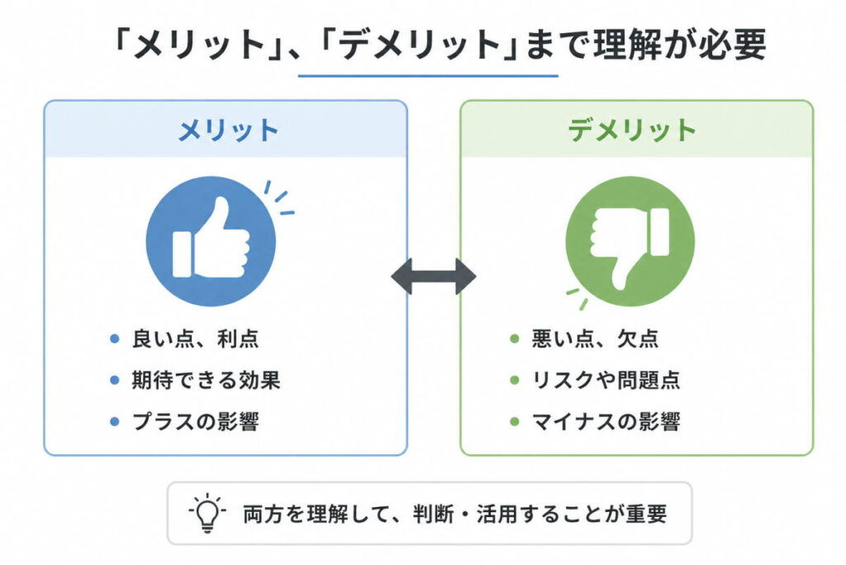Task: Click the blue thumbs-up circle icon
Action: click(211, 241)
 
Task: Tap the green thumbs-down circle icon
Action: click(630, 241)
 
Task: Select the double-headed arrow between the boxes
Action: click(433, 276)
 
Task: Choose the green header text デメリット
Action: click(633, 130)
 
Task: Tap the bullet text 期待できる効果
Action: click(206, 380)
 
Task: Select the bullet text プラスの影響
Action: click(196, 421)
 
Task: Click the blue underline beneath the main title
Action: click(428, 76)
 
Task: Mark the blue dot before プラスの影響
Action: click(115, 422)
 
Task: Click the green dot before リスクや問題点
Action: click(515, 381)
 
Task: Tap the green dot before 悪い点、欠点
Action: click(515, 339)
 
